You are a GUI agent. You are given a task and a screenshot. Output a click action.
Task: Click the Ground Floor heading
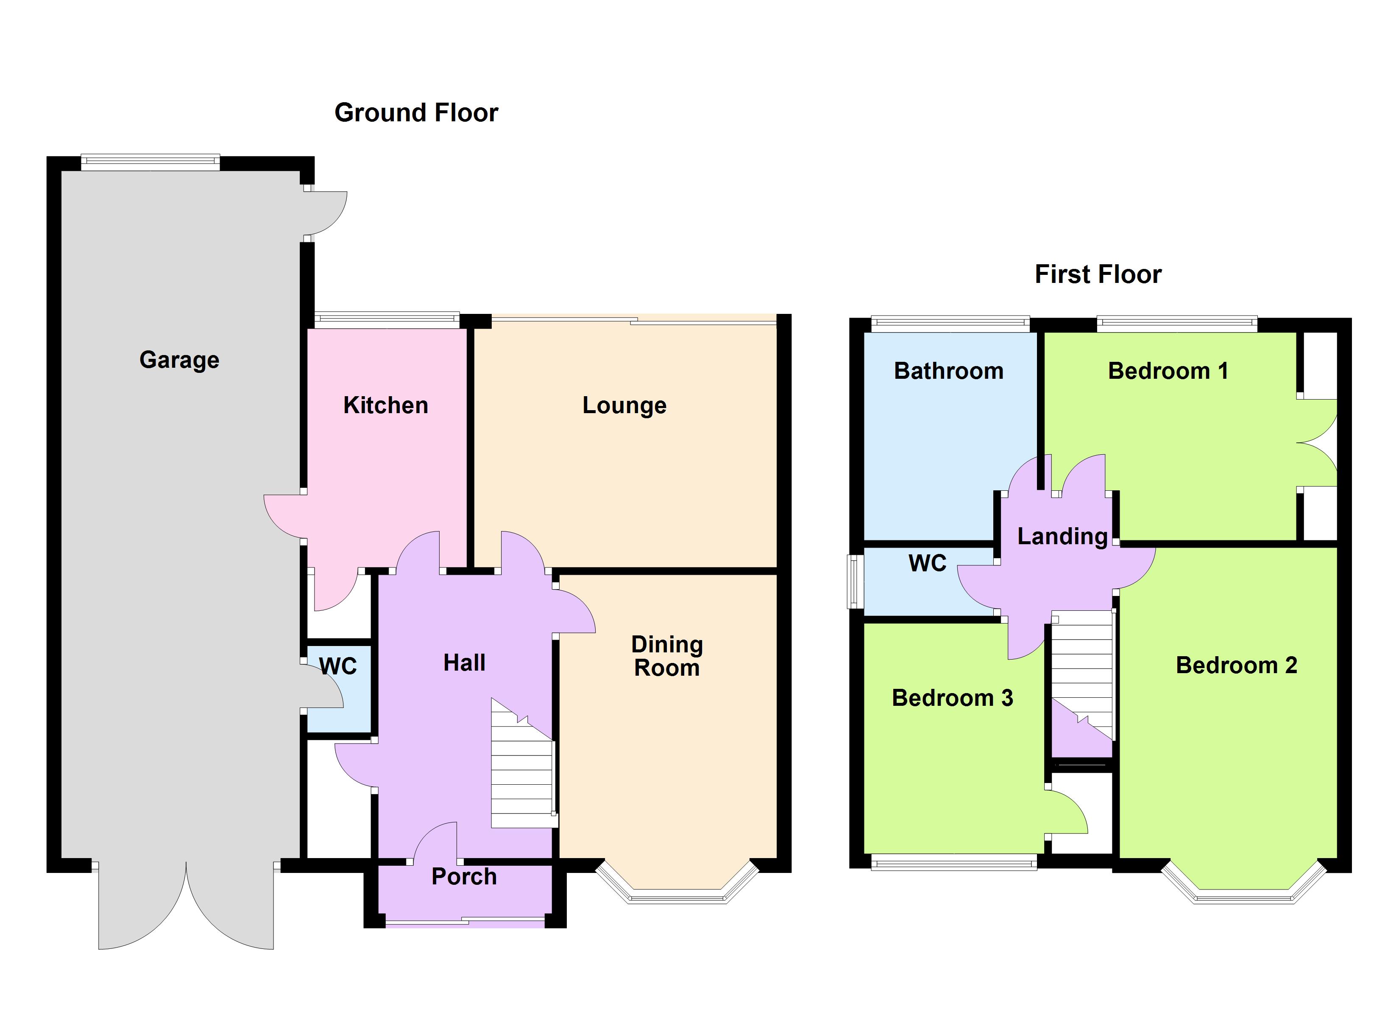416,113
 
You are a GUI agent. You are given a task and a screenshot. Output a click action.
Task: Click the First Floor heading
1098,274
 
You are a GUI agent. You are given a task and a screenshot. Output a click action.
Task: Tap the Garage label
179,360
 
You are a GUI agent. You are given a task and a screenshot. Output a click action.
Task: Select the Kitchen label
385,405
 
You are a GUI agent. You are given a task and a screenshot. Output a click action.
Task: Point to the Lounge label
624,406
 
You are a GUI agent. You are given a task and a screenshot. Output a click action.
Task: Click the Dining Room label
667,656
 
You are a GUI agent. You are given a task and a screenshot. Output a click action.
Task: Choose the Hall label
465,663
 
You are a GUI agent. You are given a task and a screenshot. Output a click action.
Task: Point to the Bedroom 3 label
953,698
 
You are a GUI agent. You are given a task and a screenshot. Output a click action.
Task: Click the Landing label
1062,537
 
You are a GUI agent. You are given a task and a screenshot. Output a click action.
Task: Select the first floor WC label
927,563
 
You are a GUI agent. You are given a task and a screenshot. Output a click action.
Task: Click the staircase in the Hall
523,763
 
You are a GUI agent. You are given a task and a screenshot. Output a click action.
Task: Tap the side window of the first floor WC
856,582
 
